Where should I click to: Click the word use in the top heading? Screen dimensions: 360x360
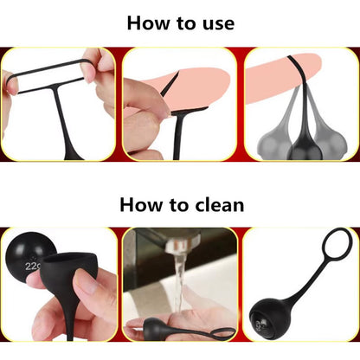[x=218, y=24]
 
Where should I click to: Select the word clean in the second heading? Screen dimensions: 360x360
[x=220, y=205]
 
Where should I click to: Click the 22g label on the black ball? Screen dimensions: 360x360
[x=33, y=266]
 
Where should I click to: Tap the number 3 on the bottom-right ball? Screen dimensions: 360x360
[x=259, y=325]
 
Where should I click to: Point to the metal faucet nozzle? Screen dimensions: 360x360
[x=180, y=241]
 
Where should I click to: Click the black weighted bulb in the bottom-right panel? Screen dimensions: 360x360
[x=267, y=318]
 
